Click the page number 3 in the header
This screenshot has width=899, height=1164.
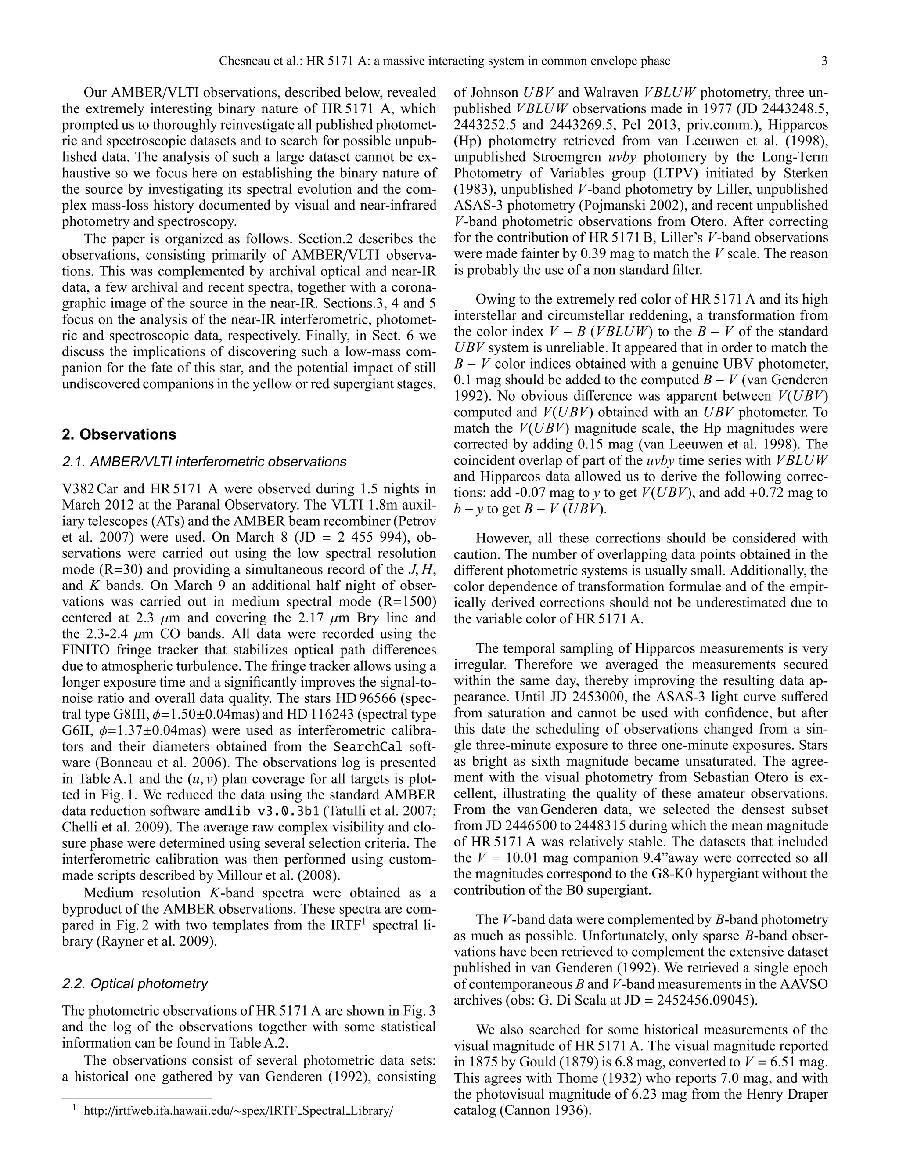click(824, 61)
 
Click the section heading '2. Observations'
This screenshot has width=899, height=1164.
click(119, 434)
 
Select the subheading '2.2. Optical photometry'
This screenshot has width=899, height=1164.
click(135, 984)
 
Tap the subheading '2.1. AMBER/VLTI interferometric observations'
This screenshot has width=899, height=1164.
click(205, 462)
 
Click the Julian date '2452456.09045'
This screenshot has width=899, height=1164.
click(699, 1000)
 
